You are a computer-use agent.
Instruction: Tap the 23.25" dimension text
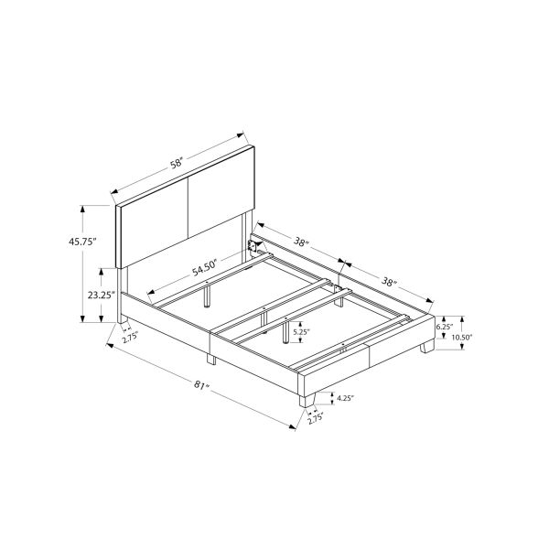click(101, 295)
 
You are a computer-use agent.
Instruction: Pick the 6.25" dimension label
click(446, 326)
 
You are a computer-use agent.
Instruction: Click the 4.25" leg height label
click(346, 398)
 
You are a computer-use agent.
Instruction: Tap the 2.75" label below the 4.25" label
click(317, 420)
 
